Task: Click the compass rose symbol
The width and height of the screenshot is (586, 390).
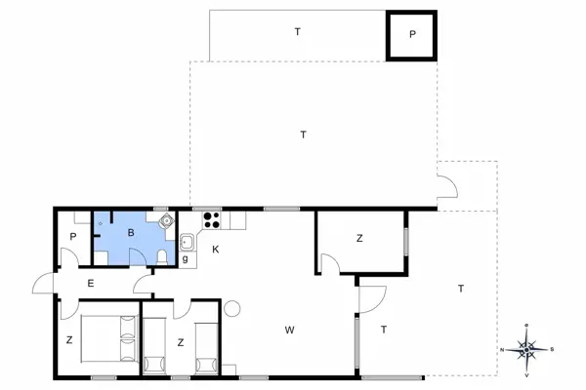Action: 526,348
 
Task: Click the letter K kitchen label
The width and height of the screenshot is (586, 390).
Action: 215,251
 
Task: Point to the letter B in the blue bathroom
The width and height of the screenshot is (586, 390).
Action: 130,233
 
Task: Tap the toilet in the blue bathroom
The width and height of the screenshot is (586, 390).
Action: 161,255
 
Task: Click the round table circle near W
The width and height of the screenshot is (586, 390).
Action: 231,308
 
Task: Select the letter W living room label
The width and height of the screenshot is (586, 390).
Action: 289,331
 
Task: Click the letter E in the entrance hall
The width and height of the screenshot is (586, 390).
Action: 91,284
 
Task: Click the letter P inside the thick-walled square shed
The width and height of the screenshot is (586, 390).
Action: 412,35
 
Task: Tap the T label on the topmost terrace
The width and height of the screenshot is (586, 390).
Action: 298,32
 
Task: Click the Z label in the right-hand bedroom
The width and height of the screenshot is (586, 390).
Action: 359,238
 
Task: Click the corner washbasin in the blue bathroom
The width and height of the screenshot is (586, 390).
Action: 166,221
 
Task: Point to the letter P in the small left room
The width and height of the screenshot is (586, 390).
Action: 73,237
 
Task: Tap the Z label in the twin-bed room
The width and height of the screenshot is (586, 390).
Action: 181,341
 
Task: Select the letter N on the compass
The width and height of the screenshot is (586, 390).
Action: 503,349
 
